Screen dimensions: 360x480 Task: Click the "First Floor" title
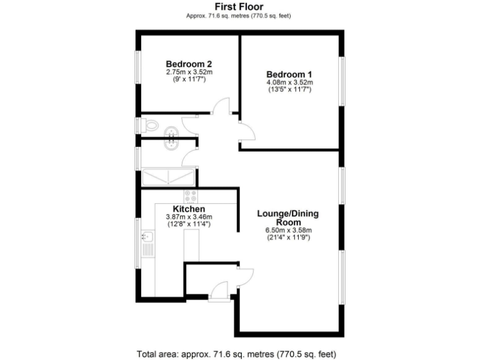pyautogui.click(x=239, y=7)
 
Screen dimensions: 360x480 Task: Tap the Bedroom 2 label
pyautogui.click(x=189, y=64)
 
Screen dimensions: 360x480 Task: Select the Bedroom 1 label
pyautogui.click(x=289, y=74)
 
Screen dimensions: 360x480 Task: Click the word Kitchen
pyautogui.click(x=189, y=209)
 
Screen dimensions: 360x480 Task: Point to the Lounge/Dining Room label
pyautogui.click(x=288, y=217)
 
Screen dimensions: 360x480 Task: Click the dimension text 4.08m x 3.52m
pyautogui.click(x=289, y=82)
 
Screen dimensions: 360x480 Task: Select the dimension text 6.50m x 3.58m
pyautogui.click(x=288, y=229)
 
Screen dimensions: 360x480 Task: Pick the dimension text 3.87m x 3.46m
pyautogui.click(x=189, y=217)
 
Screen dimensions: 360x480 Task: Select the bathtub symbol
pyautogui.click(x=169, y=177)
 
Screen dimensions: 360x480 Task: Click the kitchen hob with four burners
pyautogui.click(x=191, y=196)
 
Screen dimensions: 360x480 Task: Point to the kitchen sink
pyautogui.click(x=147, y=237)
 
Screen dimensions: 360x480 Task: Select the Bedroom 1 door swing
pyautogui.click(x=247, y=130)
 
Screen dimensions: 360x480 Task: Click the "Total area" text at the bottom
pyautogui.click(x=239, y=352)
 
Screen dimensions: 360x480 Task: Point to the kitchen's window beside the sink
pyautogui.click(x=138, y=242)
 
